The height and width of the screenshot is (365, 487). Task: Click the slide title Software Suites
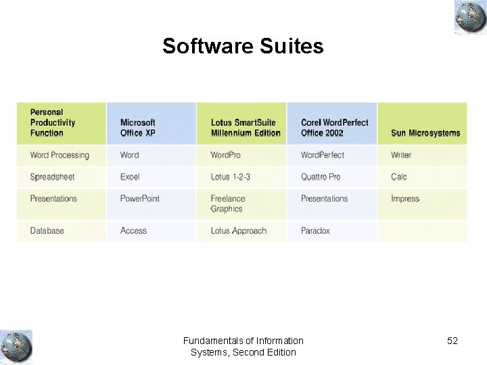(243, 46)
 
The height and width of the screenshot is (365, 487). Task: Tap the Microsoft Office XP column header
(138, 128)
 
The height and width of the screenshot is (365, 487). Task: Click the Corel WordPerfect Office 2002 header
(335, 128)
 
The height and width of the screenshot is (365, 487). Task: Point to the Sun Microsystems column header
(425, 133)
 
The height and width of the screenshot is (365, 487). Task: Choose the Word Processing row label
(60, 155)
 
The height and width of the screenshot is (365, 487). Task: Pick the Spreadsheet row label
(52, 177)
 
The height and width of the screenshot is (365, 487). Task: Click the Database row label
(47, 231)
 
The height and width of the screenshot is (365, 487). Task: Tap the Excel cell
(130, 177)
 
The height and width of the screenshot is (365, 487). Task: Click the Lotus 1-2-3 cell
(230, 177)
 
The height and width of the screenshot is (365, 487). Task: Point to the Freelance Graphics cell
(228, 203)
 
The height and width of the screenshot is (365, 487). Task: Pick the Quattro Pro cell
(321, 177)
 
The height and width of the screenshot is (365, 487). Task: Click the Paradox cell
(315, 231)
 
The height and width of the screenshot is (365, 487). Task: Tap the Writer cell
(401, 155)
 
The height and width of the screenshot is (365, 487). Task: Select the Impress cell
(405, 199)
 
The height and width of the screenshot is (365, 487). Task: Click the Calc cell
(399, 177)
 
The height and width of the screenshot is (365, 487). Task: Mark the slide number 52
(453, 341)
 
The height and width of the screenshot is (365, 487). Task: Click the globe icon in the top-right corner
(470, 17)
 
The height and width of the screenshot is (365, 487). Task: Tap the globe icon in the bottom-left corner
(16, 347)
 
